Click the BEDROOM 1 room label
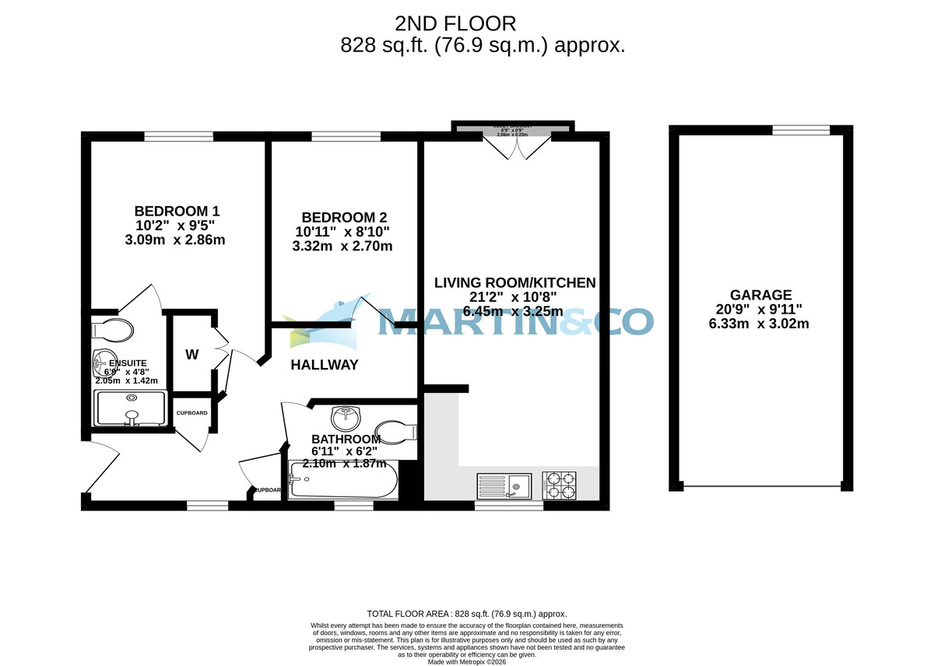point(177,211)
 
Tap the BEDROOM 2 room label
point(344,218)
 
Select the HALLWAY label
point(325,365)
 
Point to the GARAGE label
point(760,295)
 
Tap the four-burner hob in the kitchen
point(560,485)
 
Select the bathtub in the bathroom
point(342,480)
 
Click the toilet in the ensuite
point(111,329)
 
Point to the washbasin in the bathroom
point(344,419)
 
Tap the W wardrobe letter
point(191,355)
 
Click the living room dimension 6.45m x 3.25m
point(513,311)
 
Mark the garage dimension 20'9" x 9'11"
point(760,309)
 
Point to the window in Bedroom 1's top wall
point(179,137)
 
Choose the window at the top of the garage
point(801,130)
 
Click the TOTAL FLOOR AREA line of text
point(467,614)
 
